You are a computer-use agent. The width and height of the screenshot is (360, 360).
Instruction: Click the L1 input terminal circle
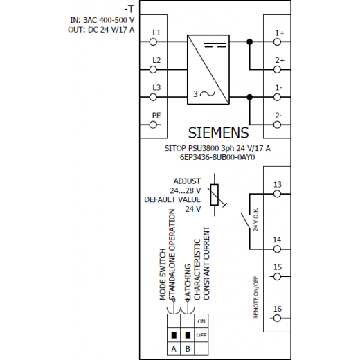pyautogui.click(x=153, y=42)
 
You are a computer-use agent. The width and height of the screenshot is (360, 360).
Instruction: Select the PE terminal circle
pyautogui.click(x=153, y=125)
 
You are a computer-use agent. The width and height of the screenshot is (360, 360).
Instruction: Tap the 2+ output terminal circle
pyautogui.click(x=277, y=69)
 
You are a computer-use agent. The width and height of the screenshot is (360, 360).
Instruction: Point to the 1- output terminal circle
pyautogui.click(x=277, y=97)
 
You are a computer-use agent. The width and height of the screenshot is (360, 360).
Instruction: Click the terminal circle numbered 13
pyautogui.click(x=277, y=194)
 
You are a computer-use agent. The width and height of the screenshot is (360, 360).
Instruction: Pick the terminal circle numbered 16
pyautogui.click(x=277, y=318)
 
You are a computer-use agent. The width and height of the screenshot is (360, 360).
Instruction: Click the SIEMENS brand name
pyautogui.click(x=218, y=133)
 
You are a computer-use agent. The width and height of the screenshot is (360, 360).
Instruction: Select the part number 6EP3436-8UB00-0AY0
pyautogui.click(x=217, y=157)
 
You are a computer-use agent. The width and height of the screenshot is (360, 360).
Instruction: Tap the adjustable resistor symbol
pyautogui.click(x=215, y=195)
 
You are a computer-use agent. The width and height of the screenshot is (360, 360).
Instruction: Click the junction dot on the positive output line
pyautogui.click(x=249, y=42)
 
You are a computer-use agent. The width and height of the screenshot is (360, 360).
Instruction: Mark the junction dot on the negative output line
pyautogui.click(x=249, y=97)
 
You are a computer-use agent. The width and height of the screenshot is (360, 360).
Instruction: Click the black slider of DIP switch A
pyautogui.click(x=174, y=335)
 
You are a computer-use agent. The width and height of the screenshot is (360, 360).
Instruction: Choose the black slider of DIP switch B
pyautogui.click(x=188, y=335)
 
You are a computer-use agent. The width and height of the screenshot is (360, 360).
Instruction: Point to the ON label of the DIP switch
pyautogui.click(x=201, y=321)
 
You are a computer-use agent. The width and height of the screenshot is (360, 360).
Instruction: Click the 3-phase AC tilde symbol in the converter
pyautogui.click(x=208, y=93)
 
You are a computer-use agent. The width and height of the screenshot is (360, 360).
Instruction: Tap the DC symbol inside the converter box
pyautogui.click(x=215, y=45)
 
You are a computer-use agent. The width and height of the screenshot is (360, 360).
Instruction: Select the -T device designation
pyautogui.click(x=129, y=9)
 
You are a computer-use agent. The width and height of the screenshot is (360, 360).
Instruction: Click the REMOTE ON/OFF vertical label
pyautogui.click(x=256, y=298)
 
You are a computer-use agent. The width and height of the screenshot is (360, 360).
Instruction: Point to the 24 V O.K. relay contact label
pyautogui.click(x=255, y=219)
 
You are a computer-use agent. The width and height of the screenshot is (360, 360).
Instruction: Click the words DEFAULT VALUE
pyautogui.click(x=172, y=199)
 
